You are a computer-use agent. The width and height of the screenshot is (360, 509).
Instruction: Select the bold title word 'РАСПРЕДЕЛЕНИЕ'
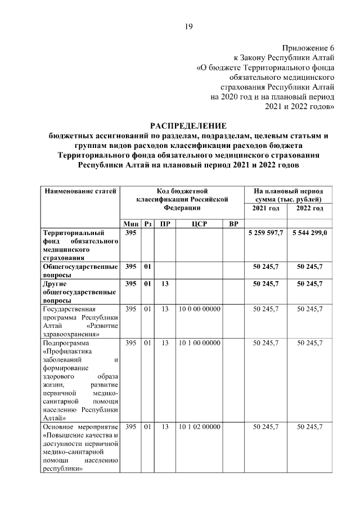tap(188, 125)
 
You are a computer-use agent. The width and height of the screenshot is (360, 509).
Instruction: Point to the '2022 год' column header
tap(309, 208)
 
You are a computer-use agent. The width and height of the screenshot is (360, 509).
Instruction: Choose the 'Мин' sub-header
tap(130, 224)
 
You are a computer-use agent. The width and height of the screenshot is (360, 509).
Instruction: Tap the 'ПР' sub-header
tap(165, 224)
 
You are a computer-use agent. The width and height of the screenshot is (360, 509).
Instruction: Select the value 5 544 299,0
tap(309, 232)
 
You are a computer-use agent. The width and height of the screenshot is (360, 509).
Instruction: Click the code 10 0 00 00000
tap(199, 309)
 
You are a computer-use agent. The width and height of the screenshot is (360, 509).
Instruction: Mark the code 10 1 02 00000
tap(199, 427)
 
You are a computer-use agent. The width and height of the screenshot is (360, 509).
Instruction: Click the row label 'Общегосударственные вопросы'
tap(80, 270)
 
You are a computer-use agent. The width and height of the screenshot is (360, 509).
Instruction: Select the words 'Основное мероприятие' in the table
tap(80, 427)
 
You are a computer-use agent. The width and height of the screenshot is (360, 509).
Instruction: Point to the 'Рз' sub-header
tap(148, 224)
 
